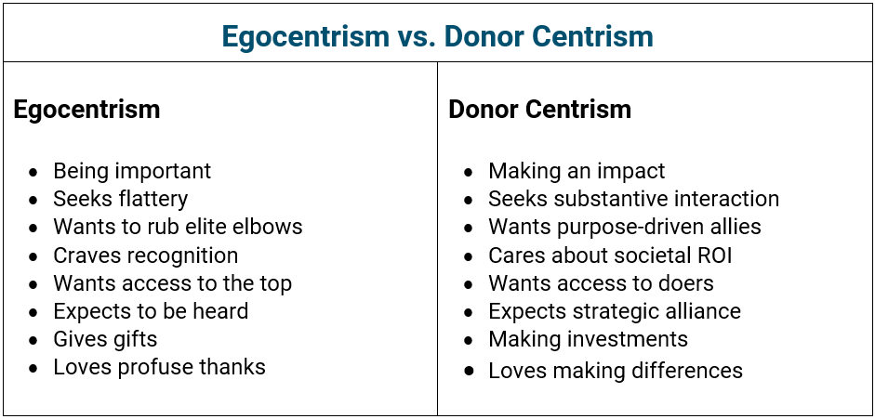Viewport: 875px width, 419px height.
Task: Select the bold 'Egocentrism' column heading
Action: click(x=86, y=110)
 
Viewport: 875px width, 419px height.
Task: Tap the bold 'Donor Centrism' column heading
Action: click(x=539, y=109)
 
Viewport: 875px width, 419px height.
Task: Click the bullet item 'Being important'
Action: click(x=132, y=171)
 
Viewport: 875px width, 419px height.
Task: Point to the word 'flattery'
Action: click(x=154, y=199)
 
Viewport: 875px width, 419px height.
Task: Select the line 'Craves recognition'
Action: click(x=146, y=255)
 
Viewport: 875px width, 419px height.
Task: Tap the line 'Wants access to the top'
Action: click(x=172, y=283)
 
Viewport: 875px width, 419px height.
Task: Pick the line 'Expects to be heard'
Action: click(x=151, y=311)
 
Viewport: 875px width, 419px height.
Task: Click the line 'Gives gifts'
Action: click(x=105, y=339)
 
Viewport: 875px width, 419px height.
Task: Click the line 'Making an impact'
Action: click(x=577, y=171)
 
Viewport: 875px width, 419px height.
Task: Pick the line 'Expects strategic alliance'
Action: click(x=615, y=311)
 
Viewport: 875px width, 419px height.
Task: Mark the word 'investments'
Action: click(x=631, y=339)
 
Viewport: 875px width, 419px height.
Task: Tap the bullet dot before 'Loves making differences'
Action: click(x=469, y=371)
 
